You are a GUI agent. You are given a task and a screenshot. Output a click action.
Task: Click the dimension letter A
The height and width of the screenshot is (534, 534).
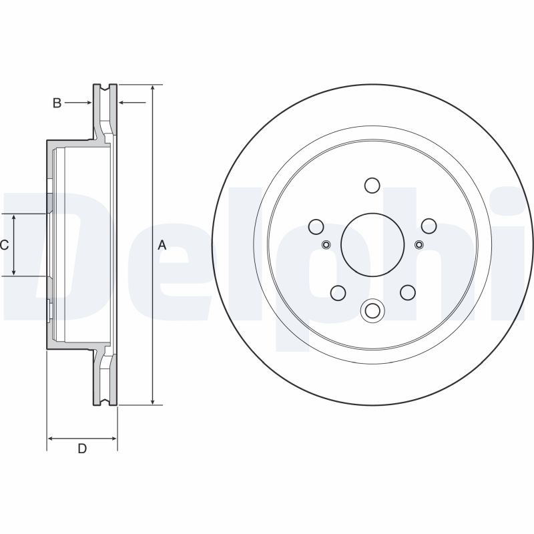pyautogui.click(x=162, y=246)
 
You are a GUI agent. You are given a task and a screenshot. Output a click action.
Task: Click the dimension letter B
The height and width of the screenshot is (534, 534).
pyautogui.click(x=57, y=103)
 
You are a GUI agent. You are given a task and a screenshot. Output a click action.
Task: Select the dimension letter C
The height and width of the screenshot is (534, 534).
pyautogui.click(x=4, y=246)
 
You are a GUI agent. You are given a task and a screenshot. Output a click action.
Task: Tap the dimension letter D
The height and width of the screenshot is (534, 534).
pyautogui.click(x=82, y=449)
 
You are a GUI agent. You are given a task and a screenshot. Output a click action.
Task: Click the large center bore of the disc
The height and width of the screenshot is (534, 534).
pyautogui.click(x=372, y=244)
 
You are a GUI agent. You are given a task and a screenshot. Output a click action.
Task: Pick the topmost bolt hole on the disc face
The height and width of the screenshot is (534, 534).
pyautogui.click(x=372, y=185)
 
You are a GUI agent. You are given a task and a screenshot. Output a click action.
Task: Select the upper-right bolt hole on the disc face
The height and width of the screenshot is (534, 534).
pyautogui.click(x=428, y=226)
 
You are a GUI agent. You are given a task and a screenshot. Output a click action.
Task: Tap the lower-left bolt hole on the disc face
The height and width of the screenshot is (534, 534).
pyautogui.click(x=338, y=292)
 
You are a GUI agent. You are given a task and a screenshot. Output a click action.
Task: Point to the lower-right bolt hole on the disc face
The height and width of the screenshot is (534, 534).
pyautogui.click(x=407, y=292)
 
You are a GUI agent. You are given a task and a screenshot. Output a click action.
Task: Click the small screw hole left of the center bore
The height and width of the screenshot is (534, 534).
pyautogui.click(x=326, y=244)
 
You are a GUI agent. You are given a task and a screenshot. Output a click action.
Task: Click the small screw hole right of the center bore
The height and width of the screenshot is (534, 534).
pyautogui.click(x=419, y=244)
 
